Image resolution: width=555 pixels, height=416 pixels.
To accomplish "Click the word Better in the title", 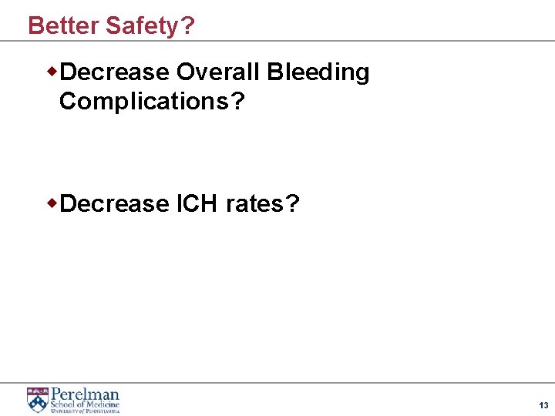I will click(x=64, y=25).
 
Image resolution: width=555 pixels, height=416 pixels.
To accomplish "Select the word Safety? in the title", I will click(x=150, y=25).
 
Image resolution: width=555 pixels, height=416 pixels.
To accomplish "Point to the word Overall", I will click(x=218, y=72).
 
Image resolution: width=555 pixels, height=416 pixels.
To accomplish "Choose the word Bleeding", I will click(x=318, y=72).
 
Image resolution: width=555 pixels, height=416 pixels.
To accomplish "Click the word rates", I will click(x=253, y=204).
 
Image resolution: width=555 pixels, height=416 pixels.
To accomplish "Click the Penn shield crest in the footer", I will click(x=36, y=399).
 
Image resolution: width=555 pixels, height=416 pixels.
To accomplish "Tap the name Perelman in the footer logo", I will click(x=85, y=394).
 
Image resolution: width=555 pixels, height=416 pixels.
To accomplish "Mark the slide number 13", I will click(x=543, y=405).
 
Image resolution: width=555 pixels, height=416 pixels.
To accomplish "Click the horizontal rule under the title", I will click(x=277, y=41).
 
